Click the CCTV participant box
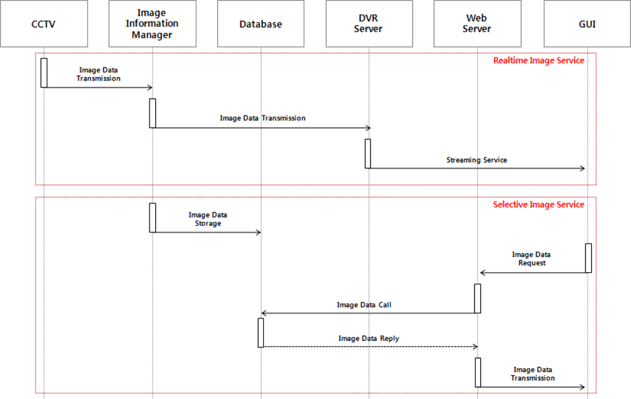pyautogui.click(x=44, y=25)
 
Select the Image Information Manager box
pyautogui.click(x=152, y=25)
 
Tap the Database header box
pyautogui.click(x=261, y=25)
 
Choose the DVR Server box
pyautogui.click(x=368, y=25)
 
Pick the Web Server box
pyautogui.click(x=478, y=25)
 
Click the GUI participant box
pyautogui.click(x=587, y=25)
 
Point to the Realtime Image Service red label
pyautogui.click(x=538, y=61)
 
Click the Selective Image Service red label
pyautogui.click(x=538, y=205)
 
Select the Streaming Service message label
pyautogui.click(x=476, y=160)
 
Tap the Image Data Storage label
pyautogui.click(x=208, y=219)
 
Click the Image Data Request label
pyautogui.click(x=532, y=259)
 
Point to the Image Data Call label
pyautogui.click(x=364, y=304)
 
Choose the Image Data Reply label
pyautogui.click(x=369, y=338)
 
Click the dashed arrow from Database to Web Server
pyautogui.click(x=369, y=347)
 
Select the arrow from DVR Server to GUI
pyautogui.click(x=476, y=168)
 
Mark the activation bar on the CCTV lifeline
pyautogui.click(x=44, y=72)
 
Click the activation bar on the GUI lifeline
pyautogui.click(x=588, y=258)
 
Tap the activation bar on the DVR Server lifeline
pyautogui.click(x=368, y=153)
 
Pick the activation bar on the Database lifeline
pyautogui.click(x=261, y=332)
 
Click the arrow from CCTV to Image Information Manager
pyautogui.click(x=98, y=88)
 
